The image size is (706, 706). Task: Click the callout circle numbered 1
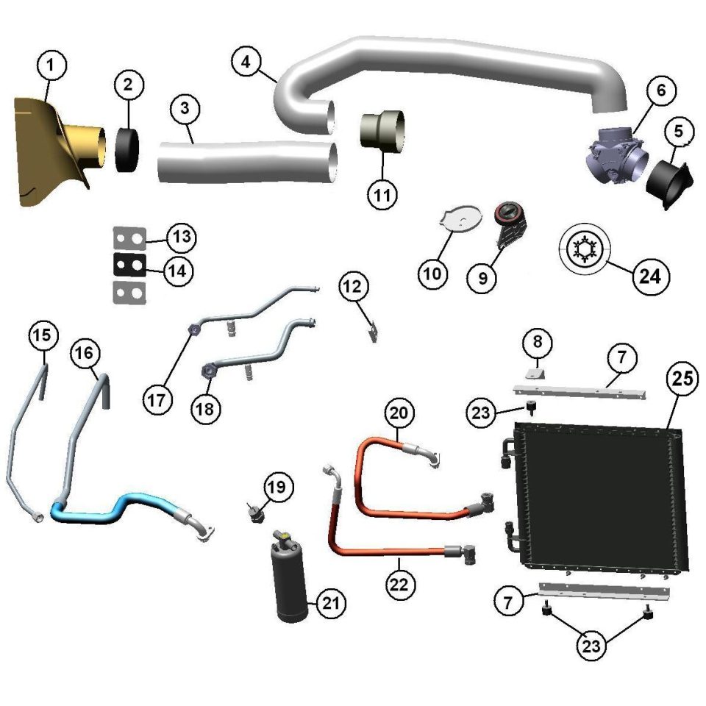click(51, 65)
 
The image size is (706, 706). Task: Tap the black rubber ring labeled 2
click(127, 150)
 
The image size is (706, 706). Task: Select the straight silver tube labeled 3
click(248, 162)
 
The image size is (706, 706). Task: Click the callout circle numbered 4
click(246, 62)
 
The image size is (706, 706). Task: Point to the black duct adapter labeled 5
click(669, 184)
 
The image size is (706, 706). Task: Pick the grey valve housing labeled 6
click(617, 155)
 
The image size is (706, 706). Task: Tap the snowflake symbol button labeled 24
click(584, 249)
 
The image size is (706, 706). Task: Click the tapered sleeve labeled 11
click(382, 131)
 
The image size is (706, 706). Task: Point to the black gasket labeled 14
click(129, 265)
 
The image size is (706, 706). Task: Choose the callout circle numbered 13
click(182, 237)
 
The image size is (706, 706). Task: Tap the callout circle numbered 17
click(157, 399)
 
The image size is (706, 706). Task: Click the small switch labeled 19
click(256, 513)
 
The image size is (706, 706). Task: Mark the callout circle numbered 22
click(399, 585)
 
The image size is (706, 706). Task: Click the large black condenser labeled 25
click(601, 500)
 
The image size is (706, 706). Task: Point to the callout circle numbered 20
click(399, 413)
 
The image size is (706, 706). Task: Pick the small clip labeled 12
click(373, 332)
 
